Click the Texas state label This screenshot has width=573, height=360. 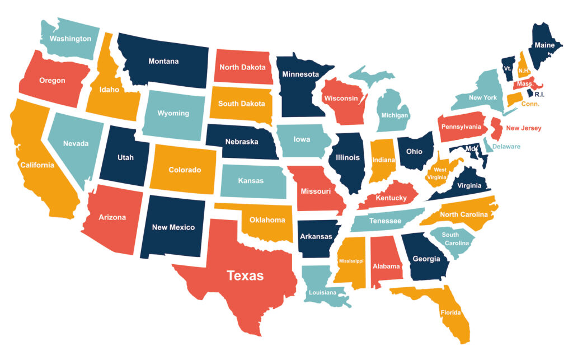[x=245, y=275]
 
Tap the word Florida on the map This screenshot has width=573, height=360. [x=450, y=312]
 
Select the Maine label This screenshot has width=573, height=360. [x=544, y=45]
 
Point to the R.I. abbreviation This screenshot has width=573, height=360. [x=539, y=95]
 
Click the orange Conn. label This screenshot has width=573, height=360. [x=530, y=104]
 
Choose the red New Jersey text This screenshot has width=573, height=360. [x=523, y=128]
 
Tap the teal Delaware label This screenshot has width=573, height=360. [x=506, y=147]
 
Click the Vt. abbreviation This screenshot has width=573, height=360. [x=508, y=68]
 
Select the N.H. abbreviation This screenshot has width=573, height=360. [x=524, y=71]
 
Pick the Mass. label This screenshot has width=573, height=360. [x=524, y=84]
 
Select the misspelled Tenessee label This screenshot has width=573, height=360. [x=385, y=221]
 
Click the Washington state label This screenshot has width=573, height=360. [x=70, y=39]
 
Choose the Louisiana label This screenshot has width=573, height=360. [x=322, y=292]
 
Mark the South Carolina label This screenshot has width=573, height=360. [x=450, y=239]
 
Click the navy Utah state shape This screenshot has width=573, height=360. [x=125, y=157]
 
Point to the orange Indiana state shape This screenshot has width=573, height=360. [x=383, y=162]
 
